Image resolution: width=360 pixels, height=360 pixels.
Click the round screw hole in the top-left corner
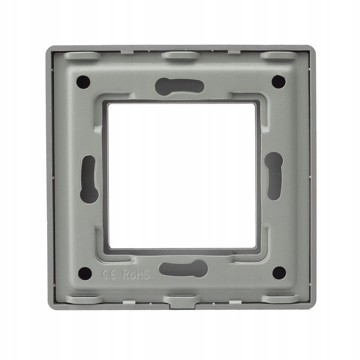click(83, 82)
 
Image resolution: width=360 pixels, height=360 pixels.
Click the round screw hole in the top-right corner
click(278, 82)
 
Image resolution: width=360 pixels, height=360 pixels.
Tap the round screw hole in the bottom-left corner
click(85, 274)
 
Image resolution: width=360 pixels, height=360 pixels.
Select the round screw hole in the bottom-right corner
click(279, 273)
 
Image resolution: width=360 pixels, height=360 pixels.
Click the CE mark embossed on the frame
click(109, 275)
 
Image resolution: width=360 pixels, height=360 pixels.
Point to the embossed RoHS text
click(136, 274)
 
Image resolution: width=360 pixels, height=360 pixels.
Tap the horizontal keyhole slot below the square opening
click(184, 268)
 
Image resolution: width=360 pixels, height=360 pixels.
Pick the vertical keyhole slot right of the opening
click(274, 176)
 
